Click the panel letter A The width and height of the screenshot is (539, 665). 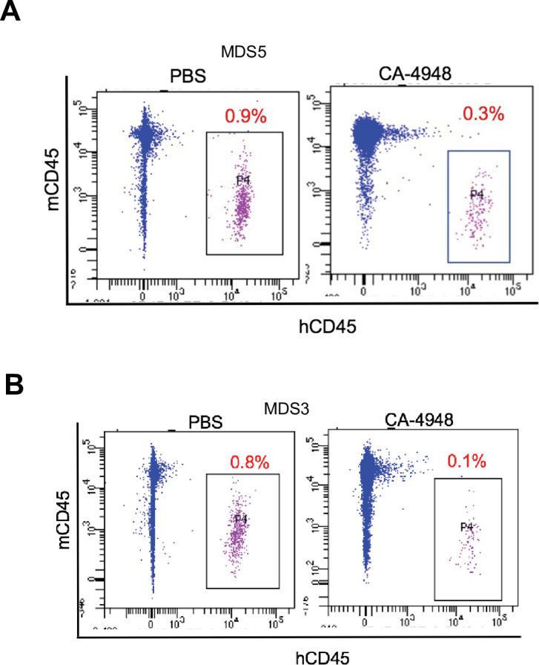11,13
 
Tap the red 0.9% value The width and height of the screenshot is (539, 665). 246,116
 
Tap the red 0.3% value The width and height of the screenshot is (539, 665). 483,114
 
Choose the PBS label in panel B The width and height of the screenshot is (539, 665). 204,422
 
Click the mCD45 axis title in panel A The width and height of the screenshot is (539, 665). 53,180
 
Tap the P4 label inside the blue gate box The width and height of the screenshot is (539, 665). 478,194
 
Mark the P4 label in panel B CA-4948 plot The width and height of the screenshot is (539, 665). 467,527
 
